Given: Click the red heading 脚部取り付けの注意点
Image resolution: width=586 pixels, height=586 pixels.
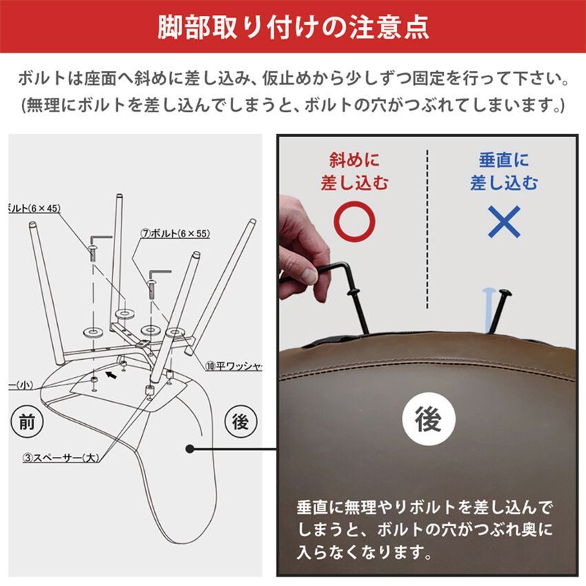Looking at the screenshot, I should tap(293, 27).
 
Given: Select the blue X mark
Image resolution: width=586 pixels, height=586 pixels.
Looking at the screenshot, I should tap(504, 222).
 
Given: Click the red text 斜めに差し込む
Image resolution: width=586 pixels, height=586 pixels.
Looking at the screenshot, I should tap(354, 172).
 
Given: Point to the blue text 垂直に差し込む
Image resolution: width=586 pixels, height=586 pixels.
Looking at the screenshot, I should tap(504, 172).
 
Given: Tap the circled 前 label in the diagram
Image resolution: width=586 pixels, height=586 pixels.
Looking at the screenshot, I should tap(26, 422).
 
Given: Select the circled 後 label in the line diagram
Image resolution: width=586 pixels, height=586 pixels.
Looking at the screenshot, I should tap(240, 422).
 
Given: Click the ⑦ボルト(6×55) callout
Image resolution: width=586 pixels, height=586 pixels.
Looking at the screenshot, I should tap(175, 234).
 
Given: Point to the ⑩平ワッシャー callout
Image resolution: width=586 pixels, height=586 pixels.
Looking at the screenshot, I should tap(234, 365).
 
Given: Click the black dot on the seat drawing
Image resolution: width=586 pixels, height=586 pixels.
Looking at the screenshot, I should tap(189, 449).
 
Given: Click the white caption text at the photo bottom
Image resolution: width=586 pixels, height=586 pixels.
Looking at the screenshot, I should tap(424, 530).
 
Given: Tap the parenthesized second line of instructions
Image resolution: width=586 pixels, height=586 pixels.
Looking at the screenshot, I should tap(293, 106).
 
